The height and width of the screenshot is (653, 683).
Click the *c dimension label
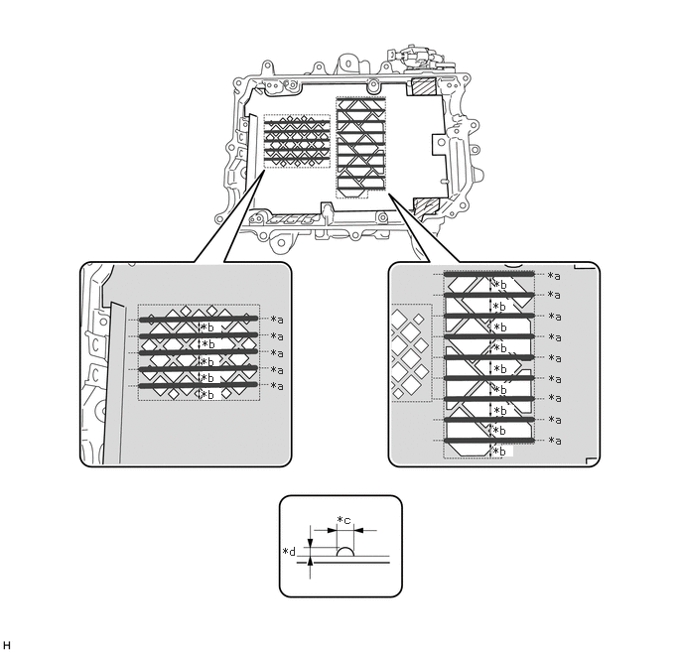coord(343,520)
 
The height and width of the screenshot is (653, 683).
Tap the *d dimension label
coord(291,551)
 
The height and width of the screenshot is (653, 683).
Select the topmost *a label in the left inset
coord(277,320)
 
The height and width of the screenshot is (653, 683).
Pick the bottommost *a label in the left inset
coord(277,385)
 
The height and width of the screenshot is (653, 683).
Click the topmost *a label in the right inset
coord(554,275)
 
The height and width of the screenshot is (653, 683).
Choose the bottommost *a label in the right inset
coord(554,440)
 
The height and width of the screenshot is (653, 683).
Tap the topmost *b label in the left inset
coord(206,328)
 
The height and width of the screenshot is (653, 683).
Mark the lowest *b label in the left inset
coord(206,394)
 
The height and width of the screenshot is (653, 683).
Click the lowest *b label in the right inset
coord(500,451)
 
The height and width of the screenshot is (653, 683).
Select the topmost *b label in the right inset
coord(500,285)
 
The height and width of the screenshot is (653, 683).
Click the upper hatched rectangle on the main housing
coord(423,87)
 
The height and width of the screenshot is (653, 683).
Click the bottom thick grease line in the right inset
coord(489,440)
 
